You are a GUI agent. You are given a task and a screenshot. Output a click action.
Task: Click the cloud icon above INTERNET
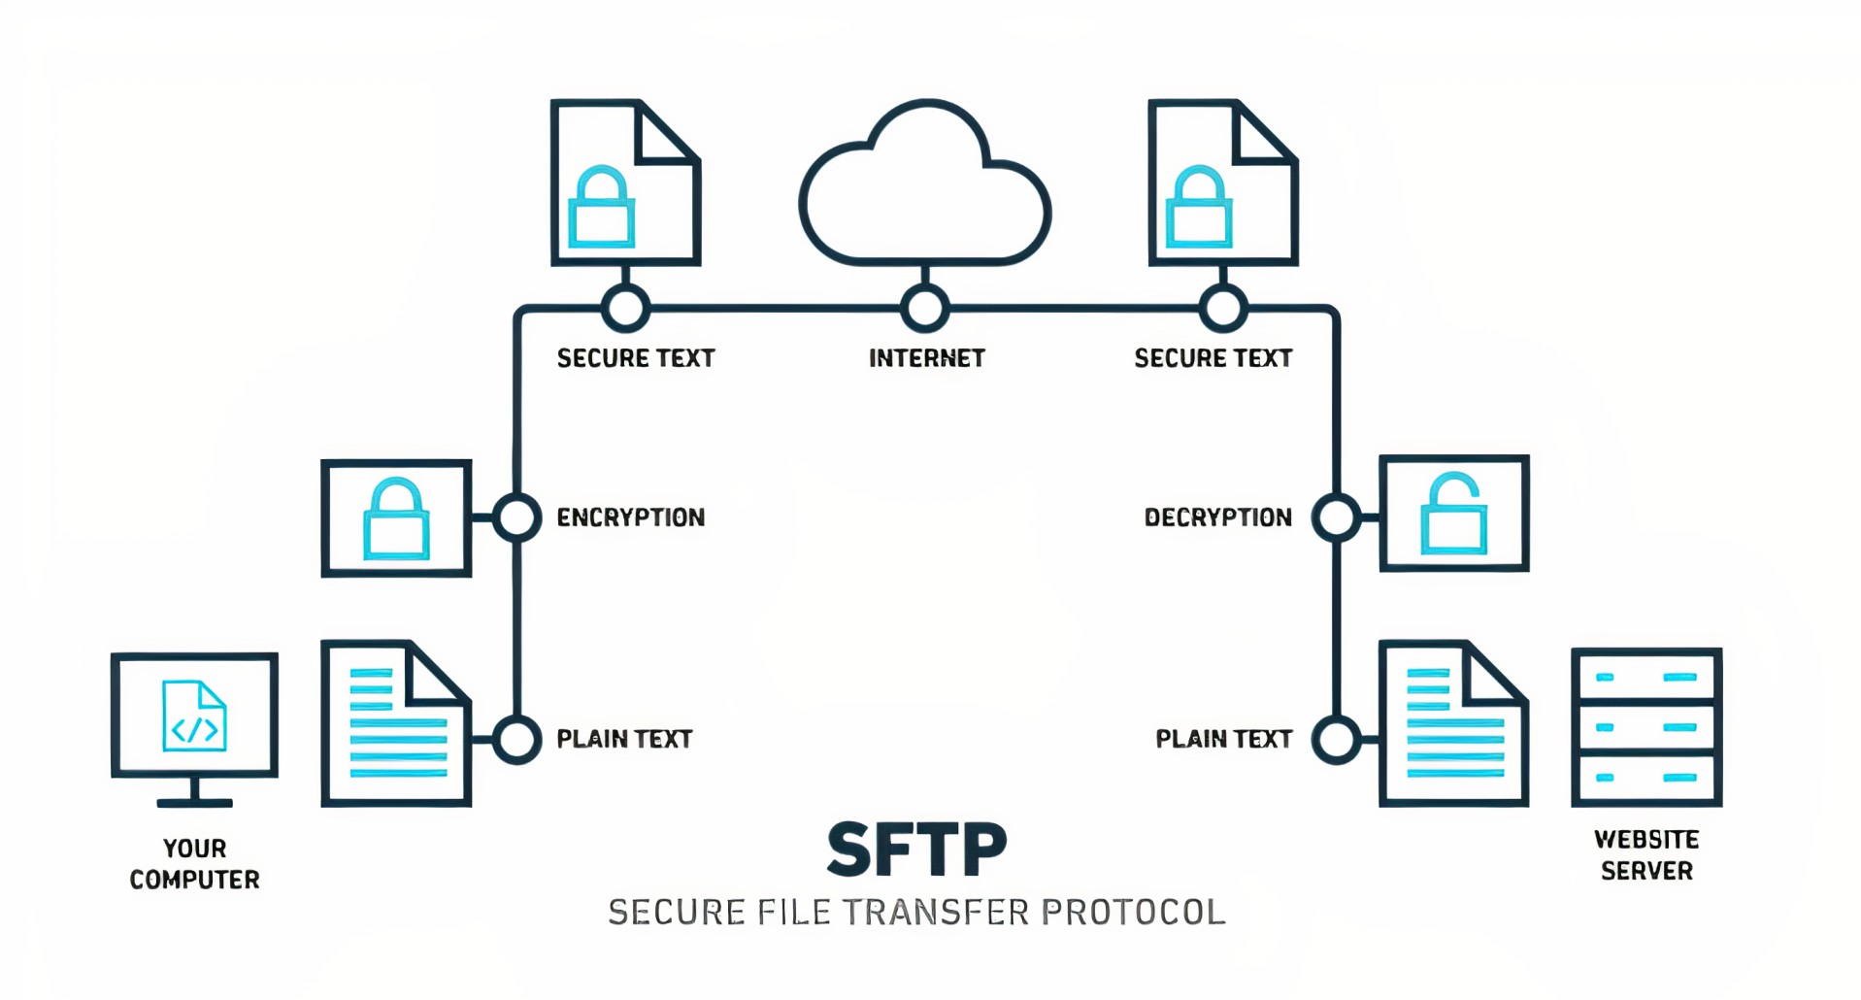pos(925,189)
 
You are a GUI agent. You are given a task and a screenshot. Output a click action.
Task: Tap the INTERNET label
pos(926,358)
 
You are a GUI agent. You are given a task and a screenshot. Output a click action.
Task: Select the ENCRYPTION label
pos(630,517)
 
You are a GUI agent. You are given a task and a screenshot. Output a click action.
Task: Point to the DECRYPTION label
pos(1217,517)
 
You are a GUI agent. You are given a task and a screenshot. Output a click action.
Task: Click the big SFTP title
pos(916,850)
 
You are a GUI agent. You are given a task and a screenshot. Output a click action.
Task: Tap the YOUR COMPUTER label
pos(194,863)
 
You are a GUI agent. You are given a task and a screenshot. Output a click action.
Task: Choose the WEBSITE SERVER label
pos(1645,854)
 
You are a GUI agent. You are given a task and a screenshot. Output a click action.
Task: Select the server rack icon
pos(1645,727)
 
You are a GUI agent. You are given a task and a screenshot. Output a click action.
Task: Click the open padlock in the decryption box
pos(1453,515)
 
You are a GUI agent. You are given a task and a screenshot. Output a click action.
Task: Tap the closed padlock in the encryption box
pos(396,519)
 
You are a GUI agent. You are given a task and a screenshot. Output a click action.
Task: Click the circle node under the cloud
pos(925,309)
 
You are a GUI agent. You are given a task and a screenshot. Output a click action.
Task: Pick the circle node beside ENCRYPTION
pos(516,517)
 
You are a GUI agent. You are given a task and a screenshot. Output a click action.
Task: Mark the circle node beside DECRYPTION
pos(1336,517)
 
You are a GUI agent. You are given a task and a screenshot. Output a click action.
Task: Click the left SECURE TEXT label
pos(635,358)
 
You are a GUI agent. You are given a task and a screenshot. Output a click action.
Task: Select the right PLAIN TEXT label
pos(1223,739)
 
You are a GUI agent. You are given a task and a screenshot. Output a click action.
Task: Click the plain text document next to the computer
pos(396,723)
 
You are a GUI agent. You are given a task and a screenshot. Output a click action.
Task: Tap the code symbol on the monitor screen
pos(194,728)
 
